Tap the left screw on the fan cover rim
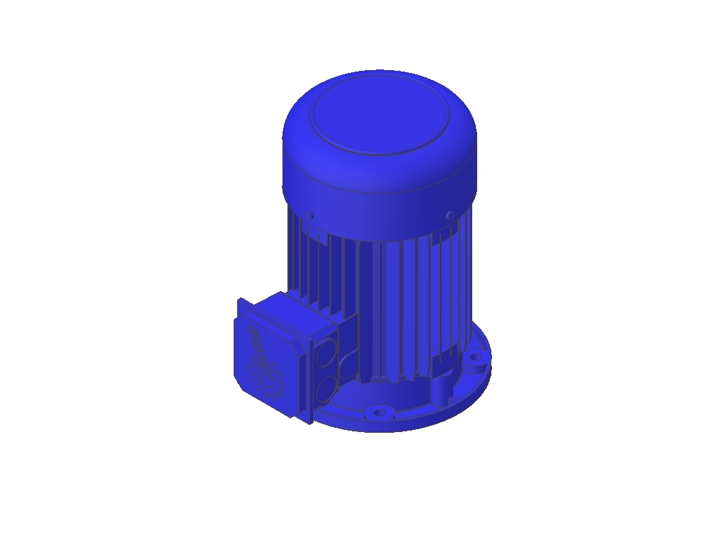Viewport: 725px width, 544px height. coord(309,215)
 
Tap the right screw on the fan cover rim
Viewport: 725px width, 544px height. coord(450,215)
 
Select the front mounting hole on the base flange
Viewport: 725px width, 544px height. coord(380,412)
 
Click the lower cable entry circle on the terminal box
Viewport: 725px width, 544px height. coord(328,387)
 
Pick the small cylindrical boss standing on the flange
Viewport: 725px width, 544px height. coord(438,390)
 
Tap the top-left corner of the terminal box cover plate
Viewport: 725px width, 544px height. coord(239,301)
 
